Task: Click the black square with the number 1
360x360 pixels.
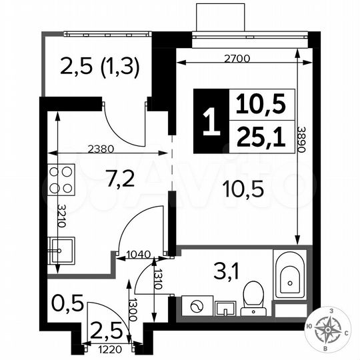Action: click(211, 122)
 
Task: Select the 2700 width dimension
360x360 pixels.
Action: click(236, 59)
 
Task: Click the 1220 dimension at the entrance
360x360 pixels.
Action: click(111, 348)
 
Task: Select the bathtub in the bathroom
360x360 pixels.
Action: click(290, 275)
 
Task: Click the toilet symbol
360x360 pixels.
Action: click(253, 296)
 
